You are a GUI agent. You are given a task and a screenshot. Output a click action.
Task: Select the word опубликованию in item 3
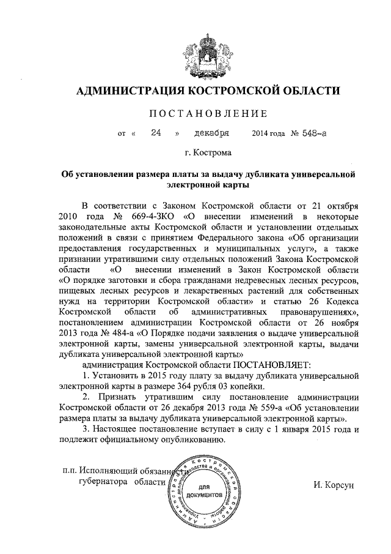click(x=192, y=441)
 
